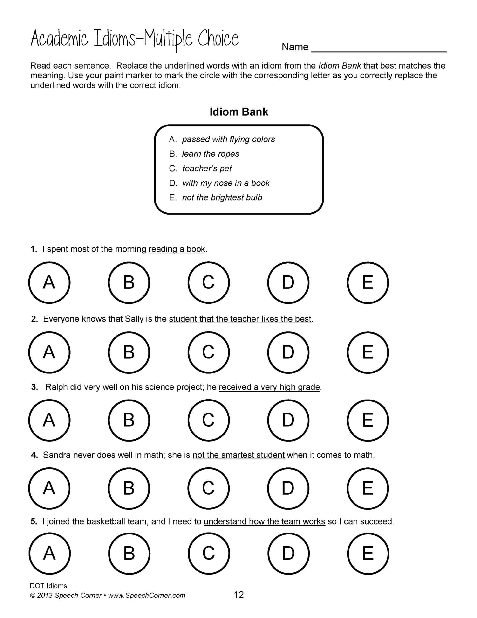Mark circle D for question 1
(x=288, y=282)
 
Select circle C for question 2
(x=208, y=352)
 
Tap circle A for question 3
(x=49, y=420)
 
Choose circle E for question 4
(x=368, y=488)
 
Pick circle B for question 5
(x=129, y=554)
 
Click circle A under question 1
(x=49, y=282)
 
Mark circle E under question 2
(x=368, y=352)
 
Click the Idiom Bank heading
(x=239, y=112)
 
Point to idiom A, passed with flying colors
(x=228, y=139)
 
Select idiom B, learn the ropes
(x=210, y=154)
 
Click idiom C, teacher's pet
(x=207, y=168)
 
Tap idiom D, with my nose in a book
(x=226, y=183)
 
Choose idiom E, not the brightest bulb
(x=222, y=197)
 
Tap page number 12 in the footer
(x=239, y=595)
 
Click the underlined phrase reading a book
(x=177, y=249)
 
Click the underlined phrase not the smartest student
(x=238, y=455)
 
